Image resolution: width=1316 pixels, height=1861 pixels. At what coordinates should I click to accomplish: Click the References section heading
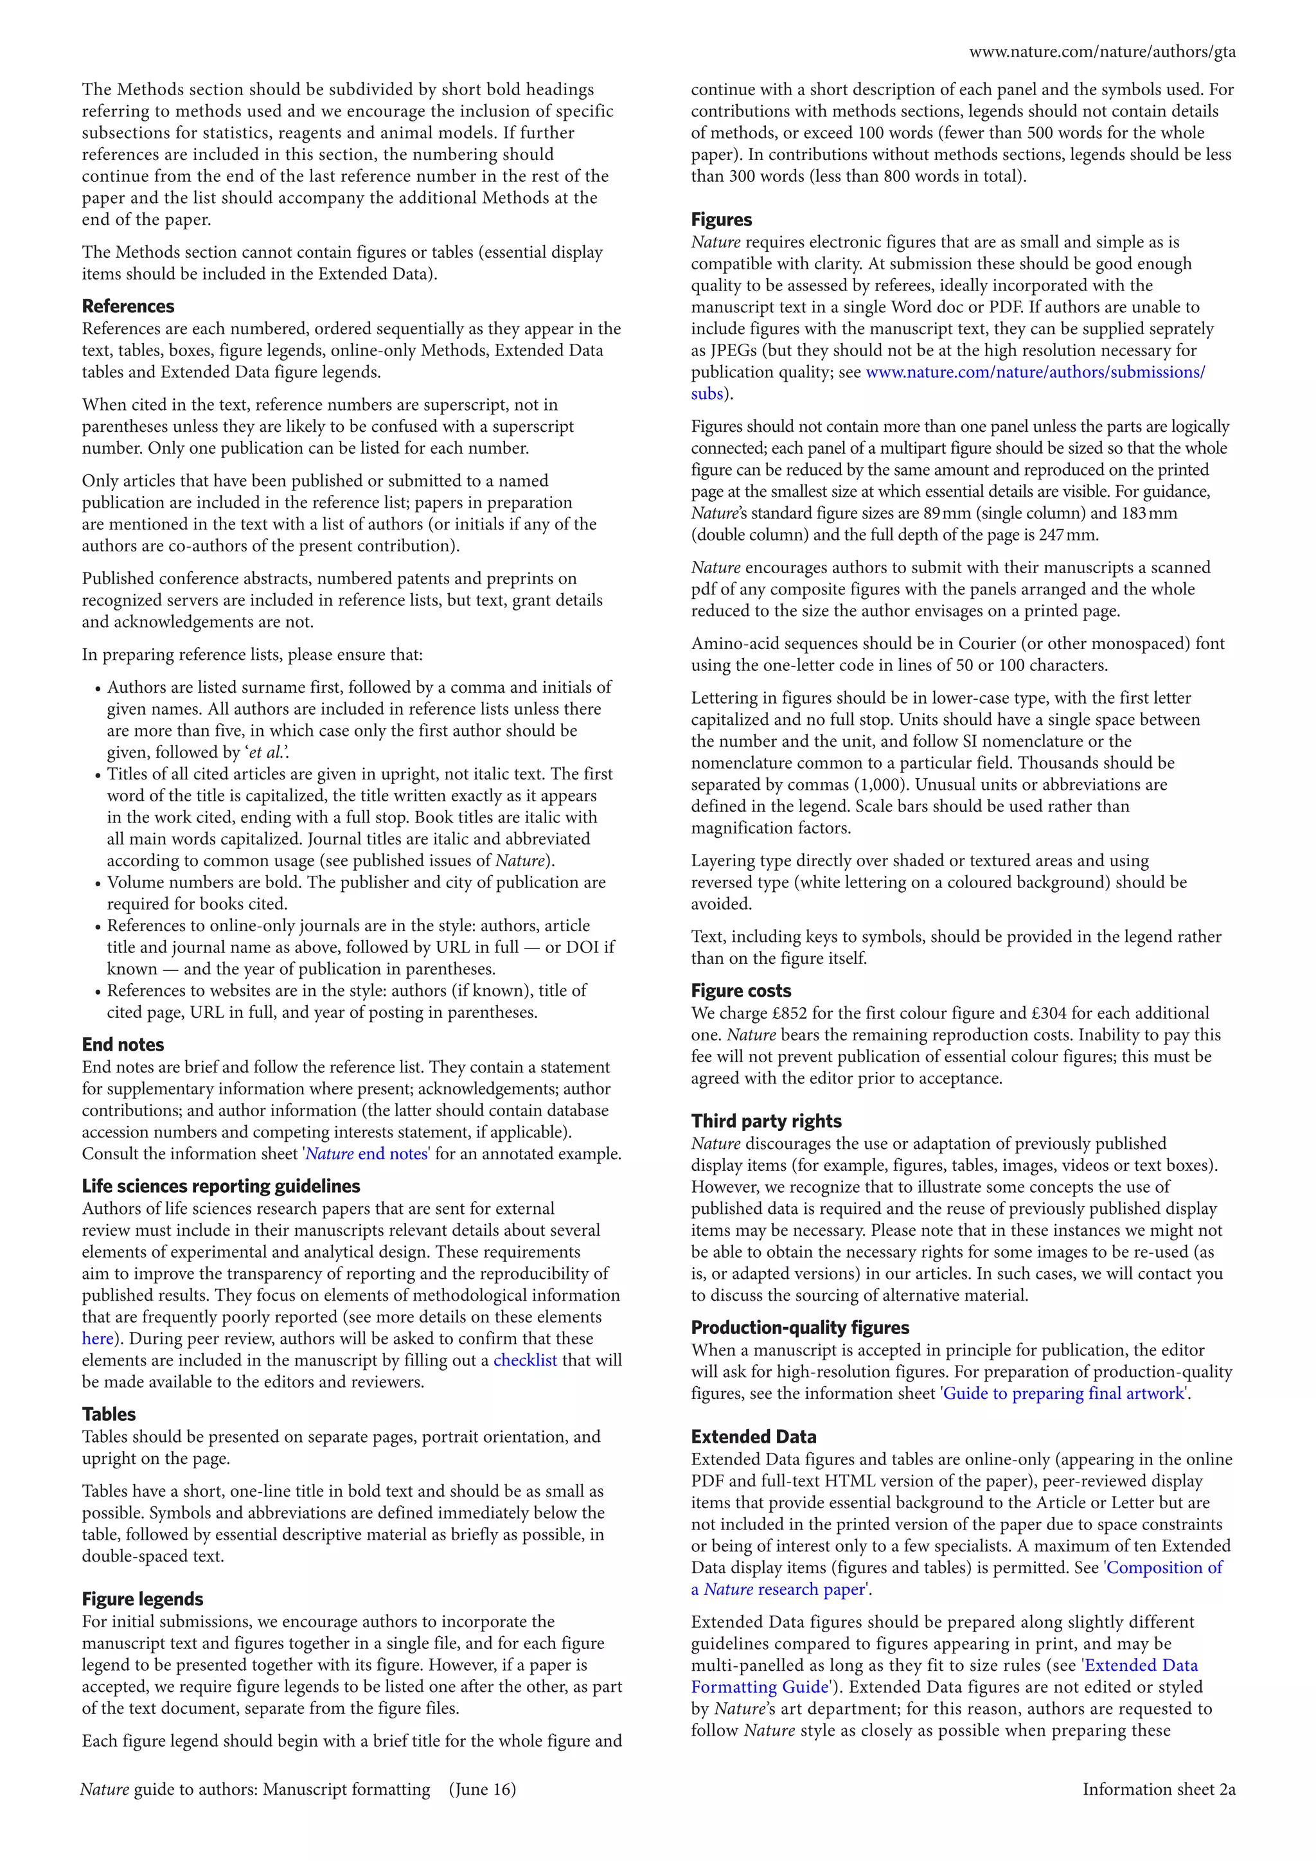[128, 307]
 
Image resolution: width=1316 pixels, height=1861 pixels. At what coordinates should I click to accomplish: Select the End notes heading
[122, 1045]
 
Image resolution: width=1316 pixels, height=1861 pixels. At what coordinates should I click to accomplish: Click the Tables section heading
[109, 1414]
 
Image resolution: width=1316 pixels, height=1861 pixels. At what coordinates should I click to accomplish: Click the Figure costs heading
[741, 990]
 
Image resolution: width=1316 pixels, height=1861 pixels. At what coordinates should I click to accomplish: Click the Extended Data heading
[753, 1436]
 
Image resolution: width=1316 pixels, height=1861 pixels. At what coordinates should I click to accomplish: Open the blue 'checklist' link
[524, 1360]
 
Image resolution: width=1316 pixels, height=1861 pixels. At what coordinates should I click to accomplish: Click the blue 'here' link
[97, 1338]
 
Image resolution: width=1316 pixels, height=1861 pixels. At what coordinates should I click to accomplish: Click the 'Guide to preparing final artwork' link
[1064, 1393]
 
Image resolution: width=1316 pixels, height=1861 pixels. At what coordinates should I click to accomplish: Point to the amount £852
[796, 1013]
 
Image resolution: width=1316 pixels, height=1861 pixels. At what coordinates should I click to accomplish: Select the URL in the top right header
[1101, 52]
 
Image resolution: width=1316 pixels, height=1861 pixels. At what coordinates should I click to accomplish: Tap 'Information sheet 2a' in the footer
[1158, 1789]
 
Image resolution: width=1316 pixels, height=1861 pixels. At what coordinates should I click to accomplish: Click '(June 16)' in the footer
[481, 1789]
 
